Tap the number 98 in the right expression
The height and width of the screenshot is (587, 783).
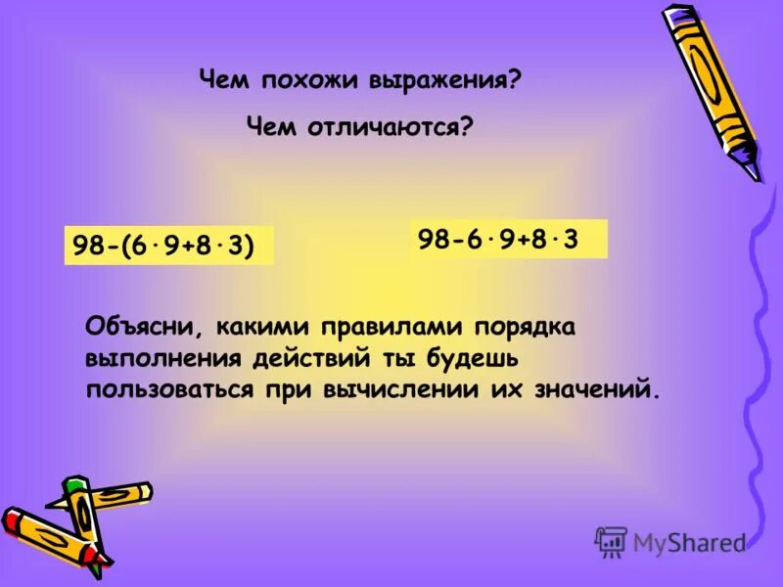pos(434,239)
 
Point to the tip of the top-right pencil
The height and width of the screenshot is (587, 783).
pos(756,177)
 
